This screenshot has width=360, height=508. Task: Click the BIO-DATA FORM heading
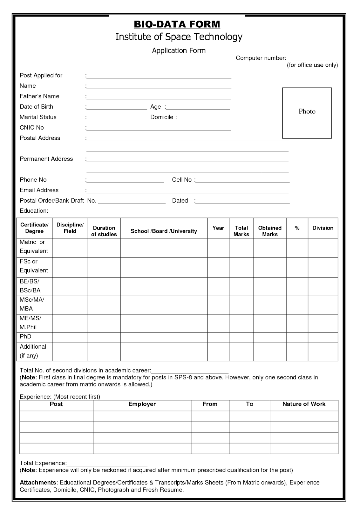coord(177,24)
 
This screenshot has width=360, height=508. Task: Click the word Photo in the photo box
coord(307,111)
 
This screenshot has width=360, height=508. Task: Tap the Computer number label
coord(261,58)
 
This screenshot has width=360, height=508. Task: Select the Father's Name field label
coord(39,96)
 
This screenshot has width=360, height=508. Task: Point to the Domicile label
coord(162,117)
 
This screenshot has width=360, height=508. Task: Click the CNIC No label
coord(32,128)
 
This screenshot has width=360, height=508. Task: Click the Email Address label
coord(39,190)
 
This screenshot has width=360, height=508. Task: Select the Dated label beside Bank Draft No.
coord(180,201)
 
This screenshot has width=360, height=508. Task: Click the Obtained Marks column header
coord(270,231)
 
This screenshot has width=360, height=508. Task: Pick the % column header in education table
coord(297,228)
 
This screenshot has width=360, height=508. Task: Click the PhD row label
coord(25,337)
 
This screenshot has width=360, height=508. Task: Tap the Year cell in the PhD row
coord(218,338)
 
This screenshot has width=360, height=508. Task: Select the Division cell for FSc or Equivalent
coord(323,267)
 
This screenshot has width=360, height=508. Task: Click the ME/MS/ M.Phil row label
coord(31,323)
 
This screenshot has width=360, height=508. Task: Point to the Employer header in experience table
coord(142,404)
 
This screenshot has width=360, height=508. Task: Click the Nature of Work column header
coord(304,404)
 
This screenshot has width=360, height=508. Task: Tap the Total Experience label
coord(43,463)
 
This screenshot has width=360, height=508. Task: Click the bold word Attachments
coord(38,483)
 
